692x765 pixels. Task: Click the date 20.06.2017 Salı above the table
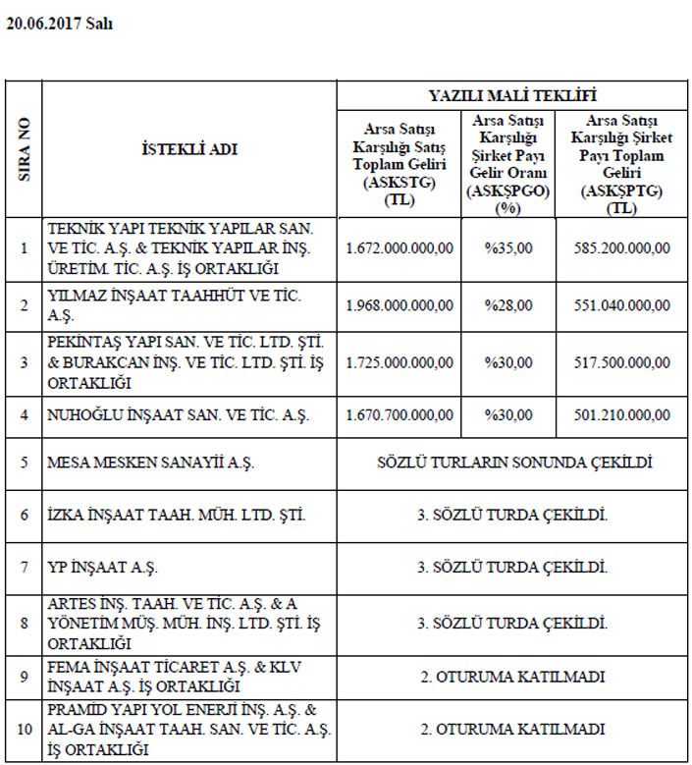[60, 25]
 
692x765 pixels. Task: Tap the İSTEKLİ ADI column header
[189, 149]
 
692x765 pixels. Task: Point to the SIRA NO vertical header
[25, 149]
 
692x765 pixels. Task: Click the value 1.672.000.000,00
[399, 247]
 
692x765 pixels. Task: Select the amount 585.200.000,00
[622, 247]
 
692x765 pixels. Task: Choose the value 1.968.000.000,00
[399, 305]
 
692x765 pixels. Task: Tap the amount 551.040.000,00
[622, 305]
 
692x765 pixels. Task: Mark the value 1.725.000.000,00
[399, 362]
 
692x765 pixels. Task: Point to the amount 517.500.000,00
[622, 362]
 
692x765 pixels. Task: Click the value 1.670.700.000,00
[399, 415]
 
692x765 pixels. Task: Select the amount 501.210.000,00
[622, 415]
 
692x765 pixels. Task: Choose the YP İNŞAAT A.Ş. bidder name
[103, 568]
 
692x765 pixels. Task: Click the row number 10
[25, 729]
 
